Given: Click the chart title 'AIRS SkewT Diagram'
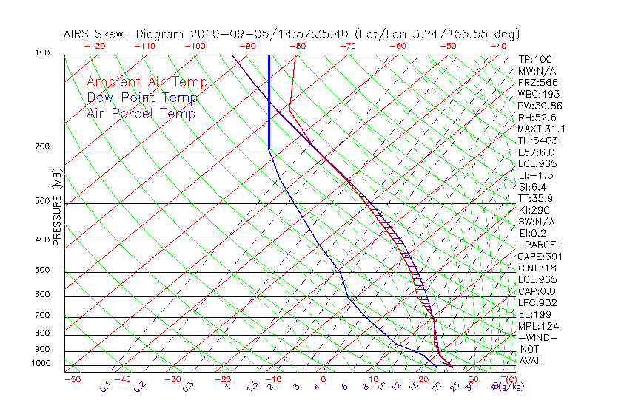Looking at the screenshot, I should click(124, 34).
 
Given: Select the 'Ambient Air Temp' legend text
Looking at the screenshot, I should click(147, 82).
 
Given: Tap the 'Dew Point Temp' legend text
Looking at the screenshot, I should click(141, 98).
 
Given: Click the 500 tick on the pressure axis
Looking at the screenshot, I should click(41, 270).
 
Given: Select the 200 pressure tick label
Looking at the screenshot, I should click(41, 146).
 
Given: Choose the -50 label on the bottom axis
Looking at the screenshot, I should click(72, 379).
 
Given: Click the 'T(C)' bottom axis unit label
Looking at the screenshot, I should click(506, 379).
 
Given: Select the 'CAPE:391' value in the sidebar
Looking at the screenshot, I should click(537, 257).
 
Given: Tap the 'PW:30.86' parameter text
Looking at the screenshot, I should click(537, 106).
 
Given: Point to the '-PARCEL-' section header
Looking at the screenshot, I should click(543, 245).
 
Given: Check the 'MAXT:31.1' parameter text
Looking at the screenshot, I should click(540, 129).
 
